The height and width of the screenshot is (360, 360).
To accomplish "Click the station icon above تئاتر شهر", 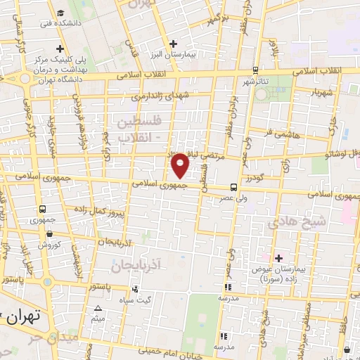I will pos(255,70).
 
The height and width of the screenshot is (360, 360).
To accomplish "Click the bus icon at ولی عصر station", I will pos(233,187).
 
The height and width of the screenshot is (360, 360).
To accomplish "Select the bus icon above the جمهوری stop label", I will pos(44,209).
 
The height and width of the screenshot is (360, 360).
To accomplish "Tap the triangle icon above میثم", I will pos(98,309).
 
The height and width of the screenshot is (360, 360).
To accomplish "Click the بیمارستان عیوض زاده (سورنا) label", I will pos(281,270).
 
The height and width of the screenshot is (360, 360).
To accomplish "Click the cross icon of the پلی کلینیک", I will pos(61,49).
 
